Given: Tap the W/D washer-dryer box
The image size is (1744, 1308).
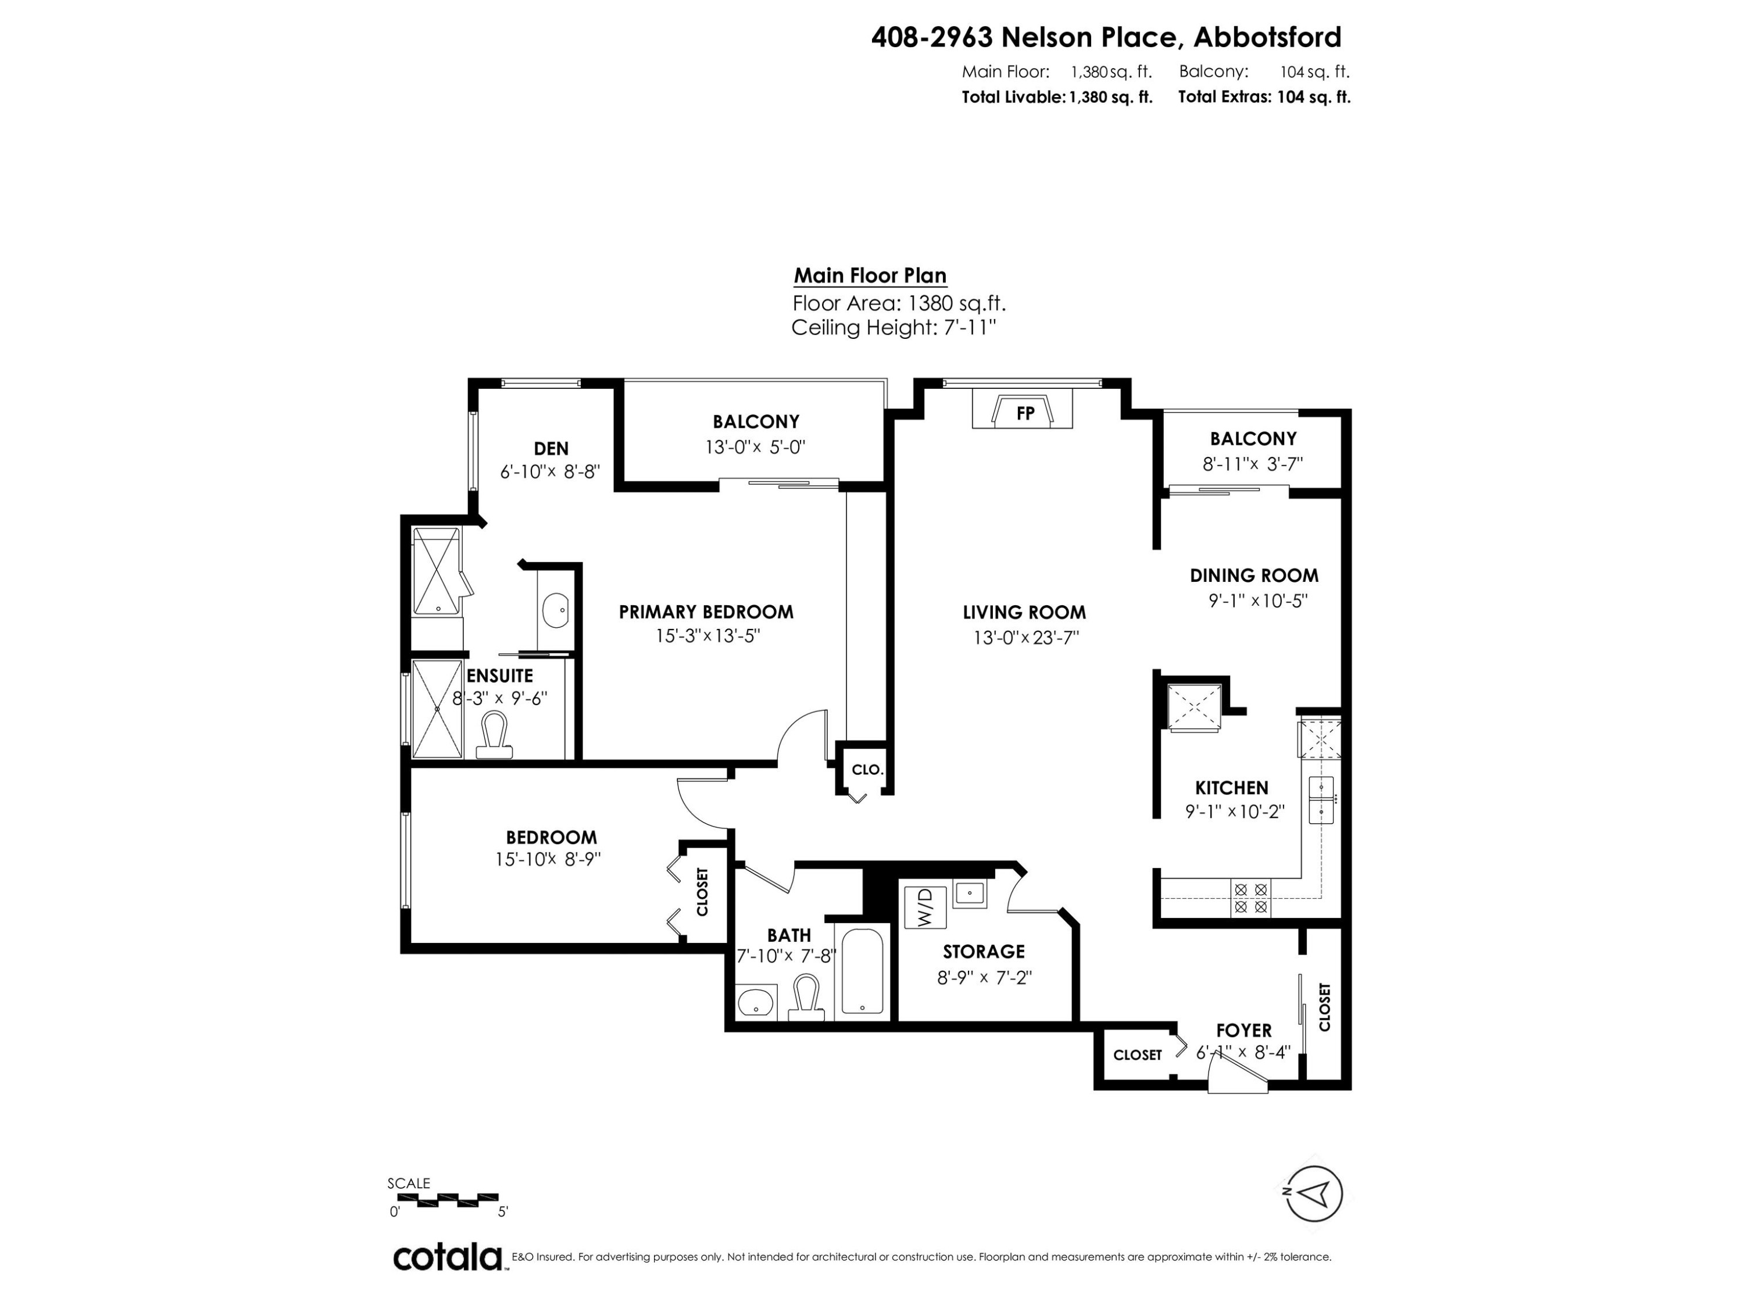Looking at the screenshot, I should [x=924, y=907].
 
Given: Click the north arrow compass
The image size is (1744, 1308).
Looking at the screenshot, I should [x=1313, y=1193].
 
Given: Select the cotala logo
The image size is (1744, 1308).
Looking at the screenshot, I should [x=447, y=1257].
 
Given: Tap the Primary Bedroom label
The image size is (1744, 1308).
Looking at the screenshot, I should [x=706, y=612].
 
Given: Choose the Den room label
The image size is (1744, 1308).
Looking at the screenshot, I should [x=551, y=449].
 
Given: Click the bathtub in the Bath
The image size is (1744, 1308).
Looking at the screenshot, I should [x=862, y=972].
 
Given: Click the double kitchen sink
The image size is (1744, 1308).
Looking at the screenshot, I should [x=1321, y=799].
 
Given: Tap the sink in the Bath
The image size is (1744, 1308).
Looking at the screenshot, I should [x=755, y=1003].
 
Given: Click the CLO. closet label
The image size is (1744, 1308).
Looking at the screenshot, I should [x=867, y=770].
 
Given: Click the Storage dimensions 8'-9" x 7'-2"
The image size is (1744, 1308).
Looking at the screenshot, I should [x=984, y=978].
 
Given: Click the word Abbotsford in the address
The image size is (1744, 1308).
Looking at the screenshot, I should [x=1268, y=37].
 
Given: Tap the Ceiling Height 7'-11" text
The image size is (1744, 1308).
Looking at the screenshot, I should [x=894, y=328].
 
